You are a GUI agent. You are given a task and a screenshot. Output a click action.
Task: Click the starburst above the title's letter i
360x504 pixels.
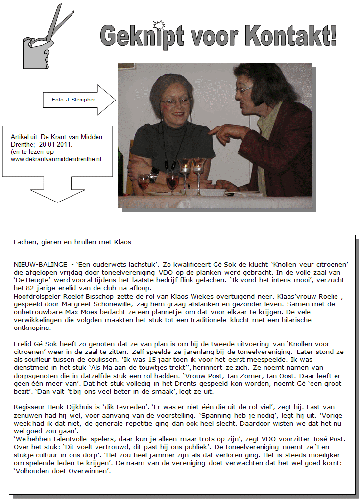click(x=159, y=25)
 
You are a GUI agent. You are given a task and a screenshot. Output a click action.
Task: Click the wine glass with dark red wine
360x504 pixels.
click(x=172, y=182)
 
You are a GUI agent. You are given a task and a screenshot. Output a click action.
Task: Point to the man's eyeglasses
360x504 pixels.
click(x=243, y=90)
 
